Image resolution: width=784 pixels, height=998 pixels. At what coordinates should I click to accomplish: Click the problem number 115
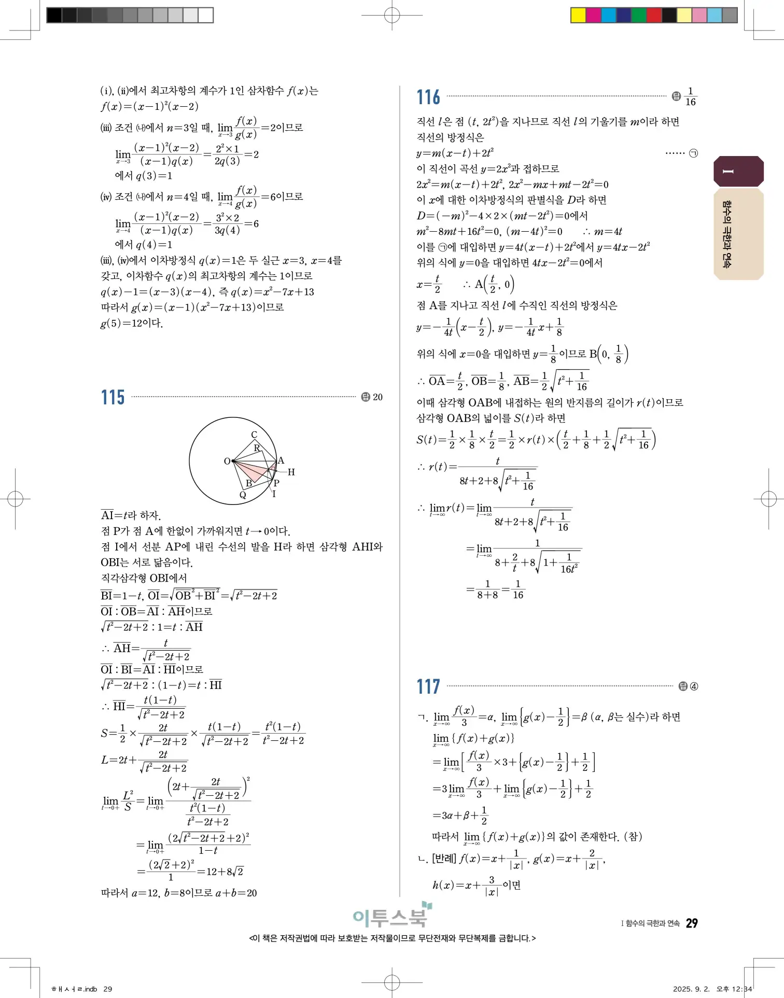113,398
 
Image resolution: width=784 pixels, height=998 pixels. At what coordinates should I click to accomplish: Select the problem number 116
428,97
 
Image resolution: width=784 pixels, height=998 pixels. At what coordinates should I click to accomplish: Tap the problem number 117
428,687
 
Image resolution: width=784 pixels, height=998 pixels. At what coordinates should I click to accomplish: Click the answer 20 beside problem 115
377,397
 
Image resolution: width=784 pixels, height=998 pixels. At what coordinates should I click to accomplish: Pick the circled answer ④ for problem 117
694,686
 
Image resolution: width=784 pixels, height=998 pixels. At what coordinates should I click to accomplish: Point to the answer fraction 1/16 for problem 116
690,97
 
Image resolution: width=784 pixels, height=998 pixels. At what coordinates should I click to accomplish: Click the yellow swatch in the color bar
578,15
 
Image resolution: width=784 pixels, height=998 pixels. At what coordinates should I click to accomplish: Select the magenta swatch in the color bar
593,15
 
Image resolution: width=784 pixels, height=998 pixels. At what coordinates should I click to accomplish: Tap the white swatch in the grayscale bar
206,15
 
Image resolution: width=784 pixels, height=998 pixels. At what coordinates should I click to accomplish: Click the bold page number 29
692,923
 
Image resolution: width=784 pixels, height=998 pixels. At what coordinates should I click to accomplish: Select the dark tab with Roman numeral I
738,172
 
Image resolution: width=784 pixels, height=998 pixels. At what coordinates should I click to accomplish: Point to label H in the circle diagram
291,472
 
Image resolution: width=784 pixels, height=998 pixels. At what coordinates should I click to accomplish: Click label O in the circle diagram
227,461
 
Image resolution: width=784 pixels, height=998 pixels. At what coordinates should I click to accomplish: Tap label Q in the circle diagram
242,495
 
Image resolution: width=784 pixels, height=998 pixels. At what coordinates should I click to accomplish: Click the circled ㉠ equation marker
694,153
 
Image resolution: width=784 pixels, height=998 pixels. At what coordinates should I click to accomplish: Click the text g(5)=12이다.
132,324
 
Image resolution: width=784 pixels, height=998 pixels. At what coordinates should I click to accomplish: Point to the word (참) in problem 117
633,836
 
